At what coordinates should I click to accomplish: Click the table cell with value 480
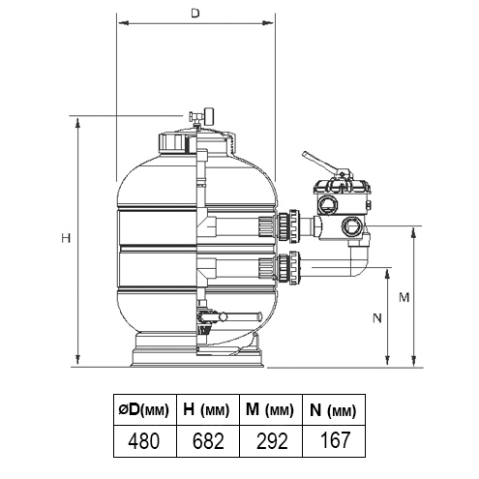145,440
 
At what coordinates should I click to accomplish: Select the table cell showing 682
208,440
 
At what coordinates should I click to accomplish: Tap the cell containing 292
271,440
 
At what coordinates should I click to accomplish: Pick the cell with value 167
334,440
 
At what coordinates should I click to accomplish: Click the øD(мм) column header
145,409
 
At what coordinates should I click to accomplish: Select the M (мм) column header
271,409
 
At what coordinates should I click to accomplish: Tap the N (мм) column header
334,409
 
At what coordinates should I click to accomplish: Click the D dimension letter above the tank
195,14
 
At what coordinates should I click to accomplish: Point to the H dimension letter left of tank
66,238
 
